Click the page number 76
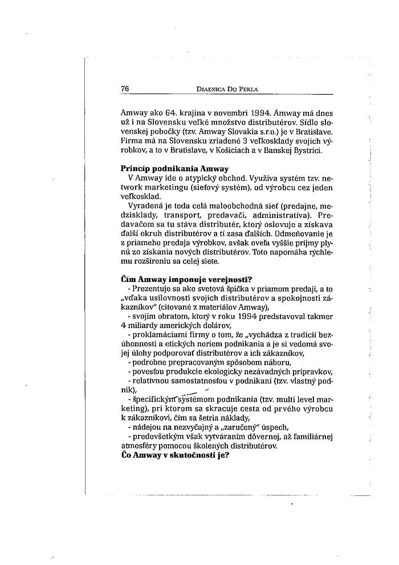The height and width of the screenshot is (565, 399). point(125,88)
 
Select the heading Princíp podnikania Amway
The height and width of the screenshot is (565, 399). point(174,169)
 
